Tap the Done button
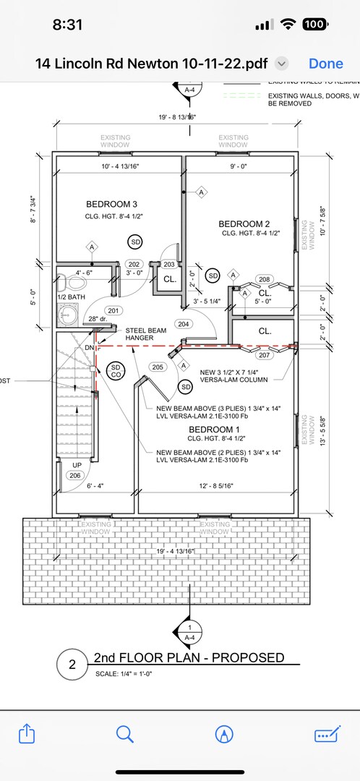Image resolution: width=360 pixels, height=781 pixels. click(x=325, y=63)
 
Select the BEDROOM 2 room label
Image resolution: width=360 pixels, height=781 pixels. click(x=244, y=223)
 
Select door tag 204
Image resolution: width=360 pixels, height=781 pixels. click(x=184, y=324)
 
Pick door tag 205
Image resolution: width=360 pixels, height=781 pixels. click(x=158, y=367)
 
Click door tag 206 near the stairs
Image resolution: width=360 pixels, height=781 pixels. click(x=74, y=475)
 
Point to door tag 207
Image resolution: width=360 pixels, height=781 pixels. click(x=264, y=355)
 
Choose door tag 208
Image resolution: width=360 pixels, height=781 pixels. click(x=264, y=279)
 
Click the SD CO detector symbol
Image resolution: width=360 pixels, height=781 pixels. click(x=115, y=372)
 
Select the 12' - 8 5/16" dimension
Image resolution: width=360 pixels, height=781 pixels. click(x=208, y=486)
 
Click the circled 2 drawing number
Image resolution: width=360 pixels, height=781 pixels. click(x=72, y=665)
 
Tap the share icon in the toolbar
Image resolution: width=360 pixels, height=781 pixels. click(x=26, y=734)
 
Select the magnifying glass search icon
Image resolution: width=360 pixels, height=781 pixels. click(x=125, y=734)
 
